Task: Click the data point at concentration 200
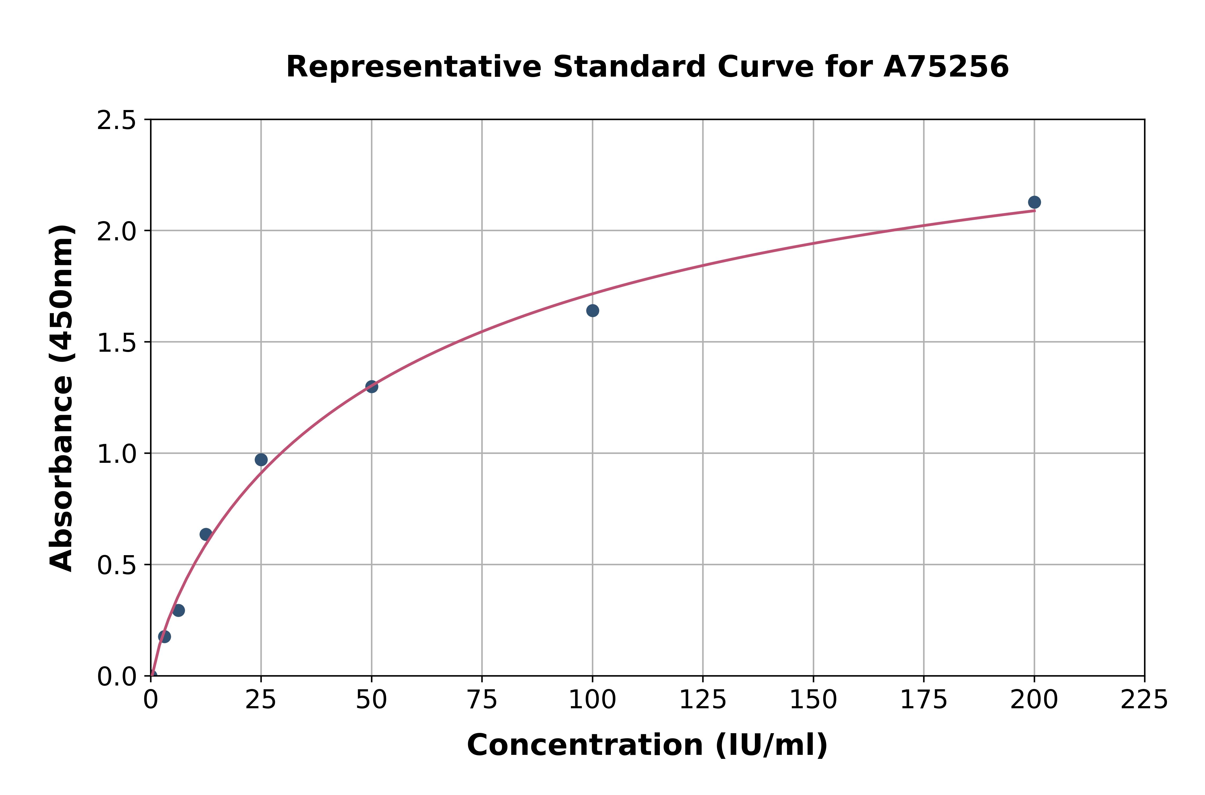tap(1034, 202)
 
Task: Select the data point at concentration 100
tap(592, 310)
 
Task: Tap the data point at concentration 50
tap(372, 386)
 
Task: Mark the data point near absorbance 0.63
tap(206, 534)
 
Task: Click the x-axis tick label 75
tap(482, 700)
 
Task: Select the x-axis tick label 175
tap(924, 700)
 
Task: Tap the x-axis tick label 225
tap(1144, 700)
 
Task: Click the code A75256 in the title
tap(946, 67)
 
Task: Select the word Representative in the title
tap(414, 67)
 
